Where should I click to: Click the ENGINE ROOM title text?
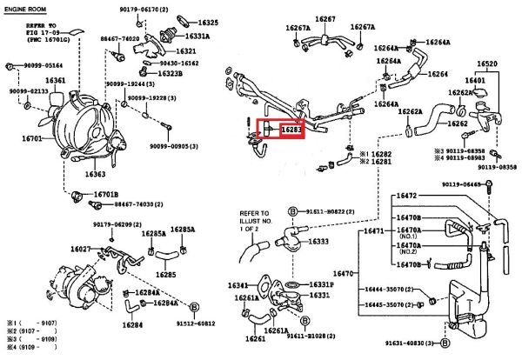26,8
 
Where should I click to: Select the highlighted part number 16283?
291,130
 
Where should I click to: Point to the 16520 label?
487,64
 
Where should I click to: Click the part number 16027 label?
81,249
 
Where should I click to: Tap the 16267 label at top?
325,18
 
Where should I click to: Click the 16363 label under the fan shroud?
96,174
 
